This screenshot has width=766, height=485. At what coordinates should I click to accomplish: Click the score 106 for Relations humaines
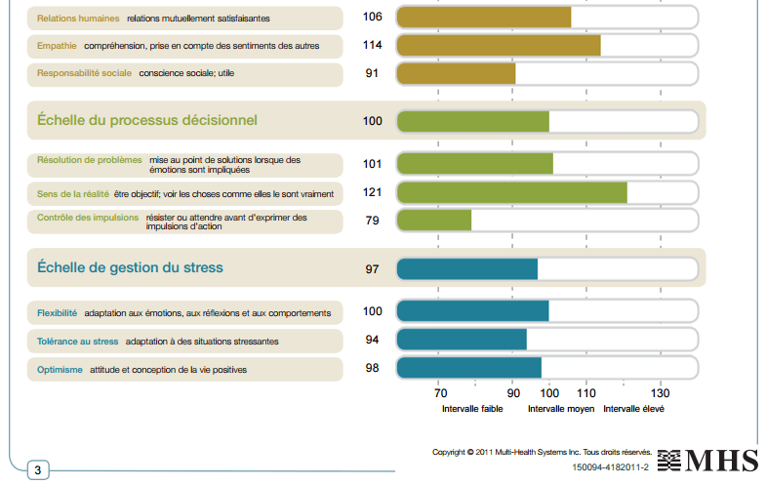(372, 18)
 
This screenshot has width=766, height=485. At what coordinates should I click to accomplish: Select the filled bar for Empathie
(499, 46)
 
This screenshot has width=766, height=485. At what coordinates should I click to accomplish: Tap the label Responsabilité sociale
(84, 74)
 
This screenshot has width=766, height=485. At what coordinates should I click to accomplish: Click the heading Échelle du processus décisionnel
(147, 121)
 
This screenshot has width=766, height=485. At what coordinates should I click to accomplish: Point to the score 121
(372, 192)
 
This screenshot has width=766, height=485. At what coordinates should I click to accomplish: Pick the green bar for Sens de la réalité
(511, 193)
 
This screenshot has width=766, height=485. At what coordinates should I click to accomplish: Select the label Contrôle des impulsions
(88, 218)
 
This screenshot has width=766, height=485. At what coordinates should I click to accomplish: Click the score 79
(372, 221)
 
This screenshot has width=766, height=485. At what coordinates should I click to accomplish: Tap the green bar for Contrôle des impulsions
(434, 221)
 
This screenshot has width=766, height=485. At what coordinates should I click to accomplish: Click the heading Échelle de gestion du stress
(130, 267)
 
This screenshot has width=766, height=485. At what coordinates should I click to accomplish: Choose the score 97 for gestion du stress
(372, 269)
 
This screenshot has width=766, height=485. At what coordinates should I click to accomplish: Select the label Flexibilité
(57, 313)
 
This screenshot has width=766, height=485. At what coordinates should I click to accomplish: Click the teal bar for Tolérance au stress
(462, 340)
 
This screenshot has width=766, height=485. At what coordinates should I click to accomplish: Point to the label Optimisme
(60, 370)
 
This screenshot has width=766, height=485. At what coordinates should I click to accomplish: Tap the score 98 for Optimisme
(372, 368)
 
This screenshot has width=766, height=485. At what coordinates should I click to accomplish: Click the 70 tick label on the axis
(440, 395)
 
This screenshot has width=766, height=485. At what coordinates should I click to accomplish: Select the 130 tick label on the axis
(660, 395)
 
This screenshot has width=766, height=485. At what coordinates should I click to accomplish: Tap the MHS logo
(706, 461)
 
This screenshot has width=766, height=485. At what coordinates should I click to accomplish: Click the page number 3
(37, 470)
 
